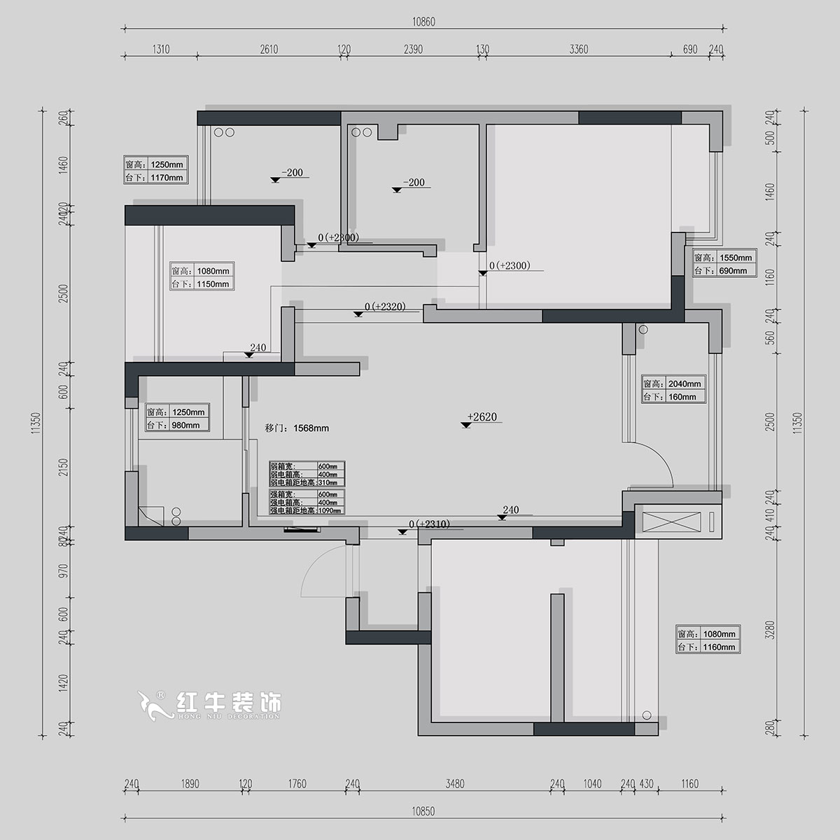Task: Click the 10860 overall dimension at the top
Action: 423,22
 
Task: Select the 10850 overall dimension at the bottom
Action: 423,811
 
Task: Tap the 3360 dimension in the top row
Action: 579,50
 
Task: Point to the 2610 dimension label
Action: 269,50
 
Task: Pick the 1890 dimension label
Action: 190,784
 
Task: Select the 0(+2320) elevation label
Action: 385,307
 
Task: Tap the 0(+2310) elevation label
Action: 428,524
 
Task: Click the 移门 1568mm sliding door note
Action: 297,428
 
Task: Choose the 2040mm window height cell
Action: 684,384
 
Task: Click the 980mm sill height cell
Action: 185,425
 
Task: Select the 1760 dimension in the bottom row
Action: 297,784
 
